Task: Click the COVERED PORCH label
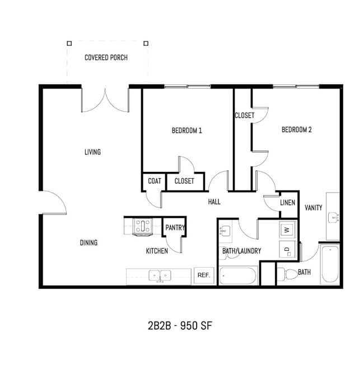pyautogui.click(x=106, y=58)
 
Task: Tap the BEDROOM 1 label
pyautogui.click(x=186, y=130)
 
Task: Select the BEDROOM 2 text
pyautogui.click(x=296, y=130)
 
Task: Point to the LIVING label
pyautogui.click(x=92, y=152)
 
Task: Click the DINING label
pyautogui.click(x=88, y=243)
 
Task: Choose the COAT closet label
pyautogui.click(x=155, y=181)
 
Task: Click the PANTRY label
pyautogui.click(x=175, y=228)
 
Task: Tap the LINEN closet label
pyautogui.click(x=287, y=202)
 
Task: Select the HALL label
pyautogui.click(x=214, y=202)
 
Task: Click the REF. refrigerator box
pyautogui.click(x=203, y=276)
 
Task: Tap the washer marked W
pyautogui.click(x=287, y=230)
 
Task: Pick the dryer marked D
pyautogui.click(x=287, y=250)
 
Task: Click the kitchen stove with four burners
pyautogui.click(x=142, y=226)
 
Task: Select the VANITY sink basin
pyautogui.click(x=334, y=217)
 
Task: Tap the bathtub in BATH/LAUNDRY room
pyautogui.click(x=237, y=276)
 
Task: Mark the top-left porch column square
pyautogui.click(x=69, y=43)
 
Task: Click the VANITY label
pyautogui.click(x=313, y=208)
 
